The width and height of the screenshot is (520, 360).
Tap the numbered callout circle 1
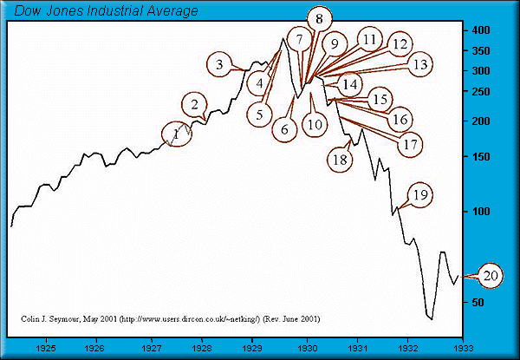click(177, 134)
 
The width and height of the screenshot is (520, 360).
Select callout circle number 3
click(220, 64)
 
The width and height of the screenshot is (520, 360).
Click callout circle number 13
click(419, 64)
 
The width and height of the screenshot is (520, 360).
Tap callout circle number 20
click(490, 276)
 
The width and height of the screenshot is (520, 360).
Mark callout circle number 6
click(283, 129)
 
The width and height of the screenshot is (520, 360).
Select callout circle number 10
click(314, 124)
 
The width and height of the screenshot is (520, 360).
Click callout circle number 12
click(400, 43)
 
